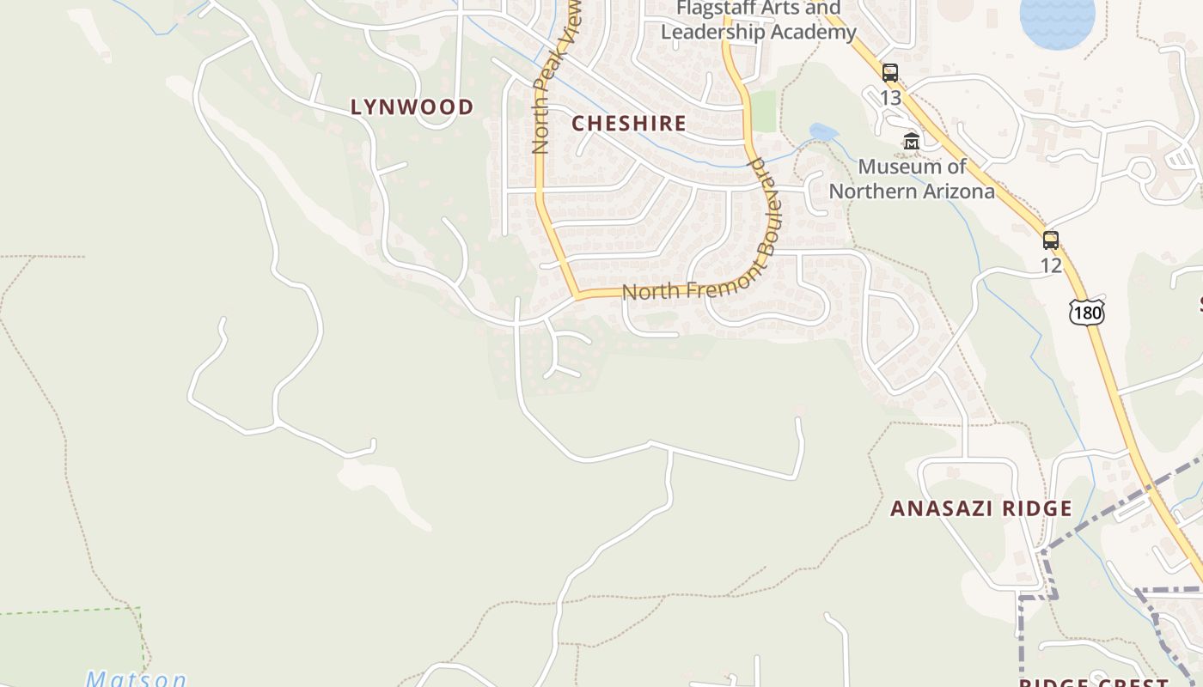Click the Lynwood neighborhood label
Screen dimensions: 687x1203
(412, 106)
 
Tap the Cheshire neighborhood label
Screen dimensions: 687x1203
(629, 123)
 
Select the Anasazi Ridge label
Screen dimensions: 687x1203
(980, 508)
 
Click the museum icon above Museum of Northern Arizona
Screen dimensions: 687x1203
(911, 141)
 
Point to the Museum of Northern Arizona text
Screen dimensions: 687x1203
(912, 179)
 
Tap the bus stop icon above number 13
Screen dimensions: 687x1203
(890, 73)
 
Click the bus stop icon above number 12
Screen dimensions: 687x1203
(1050, 240)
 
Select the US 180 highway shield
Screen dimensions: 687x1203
(1087, 313)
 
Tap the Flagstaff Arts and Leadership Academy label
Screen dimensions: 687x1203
(759, 21)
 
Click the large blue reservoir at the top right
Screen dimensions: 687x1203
(1057, 21)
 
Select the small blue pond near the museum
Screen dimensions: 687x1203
(822, 132)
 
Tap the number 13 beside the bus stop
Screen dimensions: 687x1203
(890, 98)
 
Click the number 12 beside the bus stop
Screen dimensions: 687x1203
(1051, 265)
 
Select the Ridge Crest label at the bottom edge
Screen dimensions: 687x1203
(1094, 682)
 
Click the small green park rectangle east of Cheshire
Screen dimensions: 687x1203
(763, 111)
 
